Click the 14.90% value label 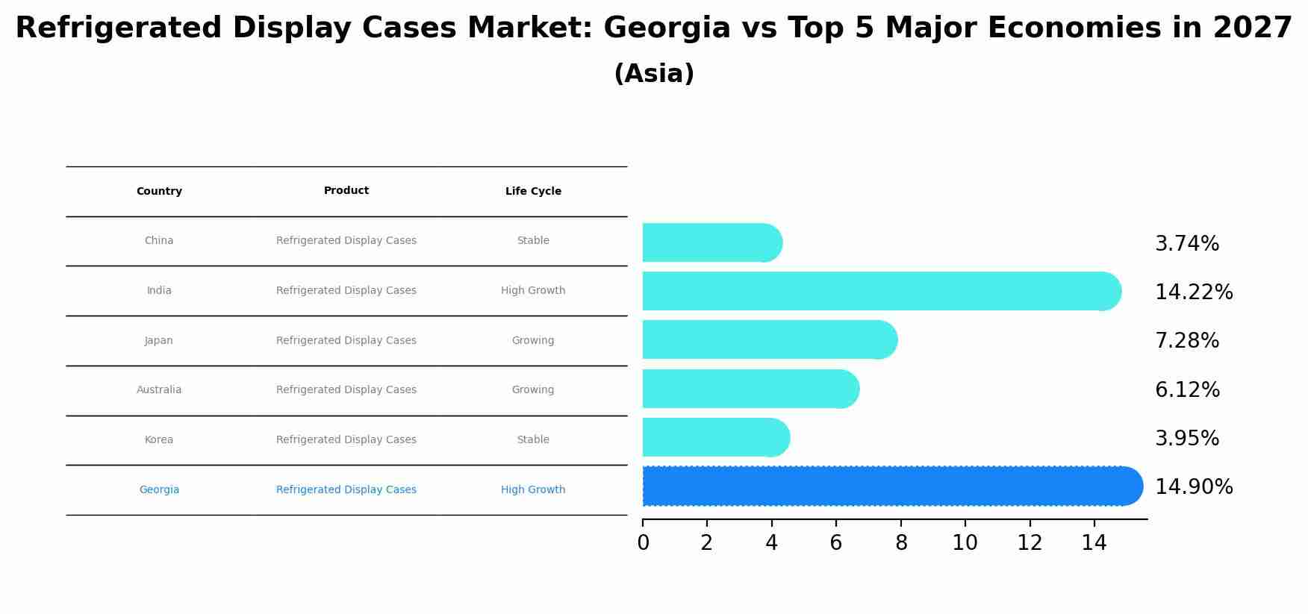(x=1193, y=487)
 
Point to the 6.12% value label (x=1186, y=389)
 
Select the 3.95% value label (x=1186, y=438)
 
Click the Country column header (x=159, y=192)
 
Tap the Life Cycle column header (x=533, y=192)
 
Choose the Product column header (x=346, y=191)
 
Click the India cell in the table (x=159, y=290)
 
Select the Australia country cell (x=159, y=389)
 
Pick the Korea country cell (x=159, y=439)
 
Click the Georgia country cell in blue (x=159, y=489)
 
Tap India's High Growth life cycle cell (x=533, y=290)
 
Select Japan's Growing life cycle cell (x=533, y=340)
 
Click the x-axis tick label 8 (x=901, y=543)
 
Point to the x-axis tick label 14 (x=1094, y=543)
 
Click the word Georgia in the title (x=667, y=28)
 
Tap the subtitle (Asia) (x=654, y=74)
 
